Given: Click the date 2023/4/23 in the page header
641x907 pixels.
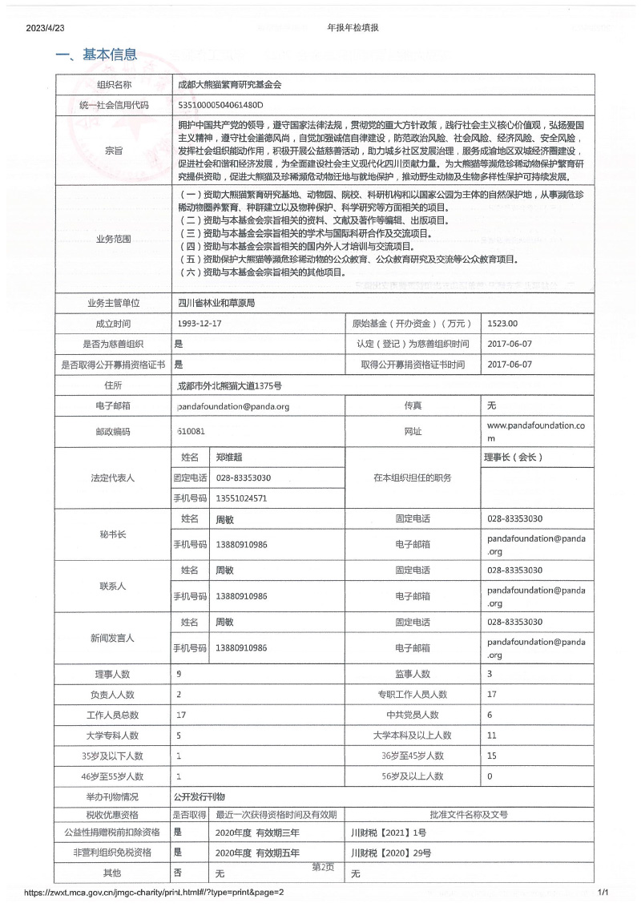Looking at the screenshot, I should click(45, 27).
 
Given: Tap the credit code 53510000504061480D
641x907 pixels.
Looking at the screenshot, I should click(220, 105).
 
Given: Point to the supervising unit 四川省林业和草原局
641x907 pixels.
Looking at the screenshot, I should click(216, 303).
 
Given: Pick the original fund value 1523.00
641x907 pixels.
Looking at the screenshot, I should click(503, 324).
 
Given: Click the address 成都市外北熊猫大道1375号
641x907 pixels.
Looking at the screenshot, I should click(229, 385).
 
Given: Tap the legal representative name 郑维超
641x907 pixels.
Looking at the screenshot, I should click(229, 458).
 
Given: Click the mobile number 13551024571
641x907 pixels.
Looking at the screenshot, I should click(241, 498).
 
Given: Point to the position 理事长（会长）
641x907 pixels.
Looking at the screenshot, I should click(514, 458).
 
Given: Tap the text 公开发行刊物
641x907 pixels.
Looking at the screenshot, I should click(200, 797).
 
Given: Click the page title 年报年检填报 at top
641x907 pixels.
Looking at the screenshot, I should click(353, 27).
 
